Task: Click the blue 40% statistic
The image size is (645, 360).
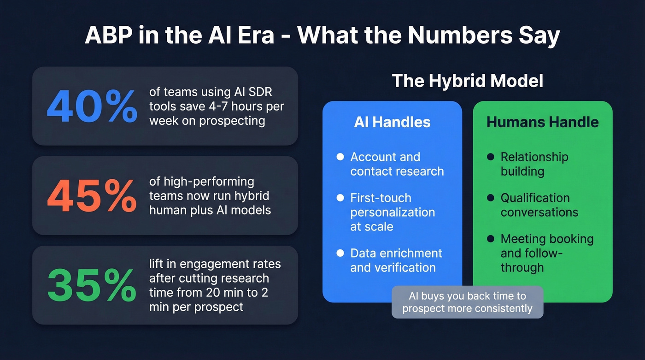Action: [x=92, y=106]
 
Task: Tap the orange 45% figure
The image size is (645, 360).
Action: [x=92, y=196]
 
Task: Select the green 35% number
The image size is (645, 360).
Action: [x=92, y=285]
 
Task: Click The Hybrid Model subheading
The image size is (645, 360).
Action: [x=467, y=81]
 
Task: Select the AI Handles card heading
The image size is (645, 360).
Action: [x=392, y=122]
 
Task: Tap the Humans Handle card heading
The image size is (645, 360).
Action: [x=542, y=122]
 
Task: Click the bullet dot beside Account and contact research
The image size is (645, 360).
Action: [x=340, y=157]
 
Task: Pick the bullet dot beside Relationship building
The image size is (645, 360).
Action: [x=491, y=157]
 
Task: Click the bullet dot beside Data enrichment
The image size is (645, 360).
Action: [x=340, y=253]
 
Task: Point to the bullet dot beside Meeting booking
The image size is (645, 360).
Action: [x=491, y=239]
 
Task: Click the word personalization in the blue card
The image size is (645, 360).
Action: [x=392, y=212]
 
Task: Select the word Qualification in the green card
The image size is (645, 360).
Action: [x=535, y=198]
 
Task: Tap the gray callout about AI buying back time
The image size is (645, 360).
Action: [x=467, y=302]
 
